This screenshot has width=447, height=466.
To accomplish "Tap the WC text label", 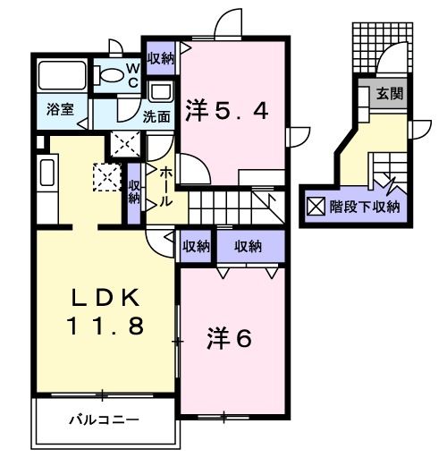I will click(131, 72).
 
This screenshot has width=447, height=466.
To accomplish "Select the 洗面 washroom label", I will click(157, 115).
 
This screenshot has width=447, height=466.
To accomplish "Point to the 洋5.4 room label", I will click(227, 112).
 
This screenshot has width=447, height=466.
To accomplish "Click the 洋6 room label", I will click(231, 339).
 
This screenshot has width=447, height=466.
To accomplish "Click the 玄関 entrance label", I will click(388, 92).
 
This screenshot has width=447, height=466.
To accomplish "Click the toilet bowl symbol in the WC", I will click(112, 75).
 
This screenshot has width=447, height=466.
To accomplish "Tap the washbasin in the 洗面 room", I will click(160, 92).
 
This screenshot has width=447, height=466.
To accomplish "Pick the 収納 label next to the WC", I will click(161, 58).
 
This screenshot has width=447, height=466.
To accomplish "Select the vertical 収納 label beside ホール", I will click(134, 191).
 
